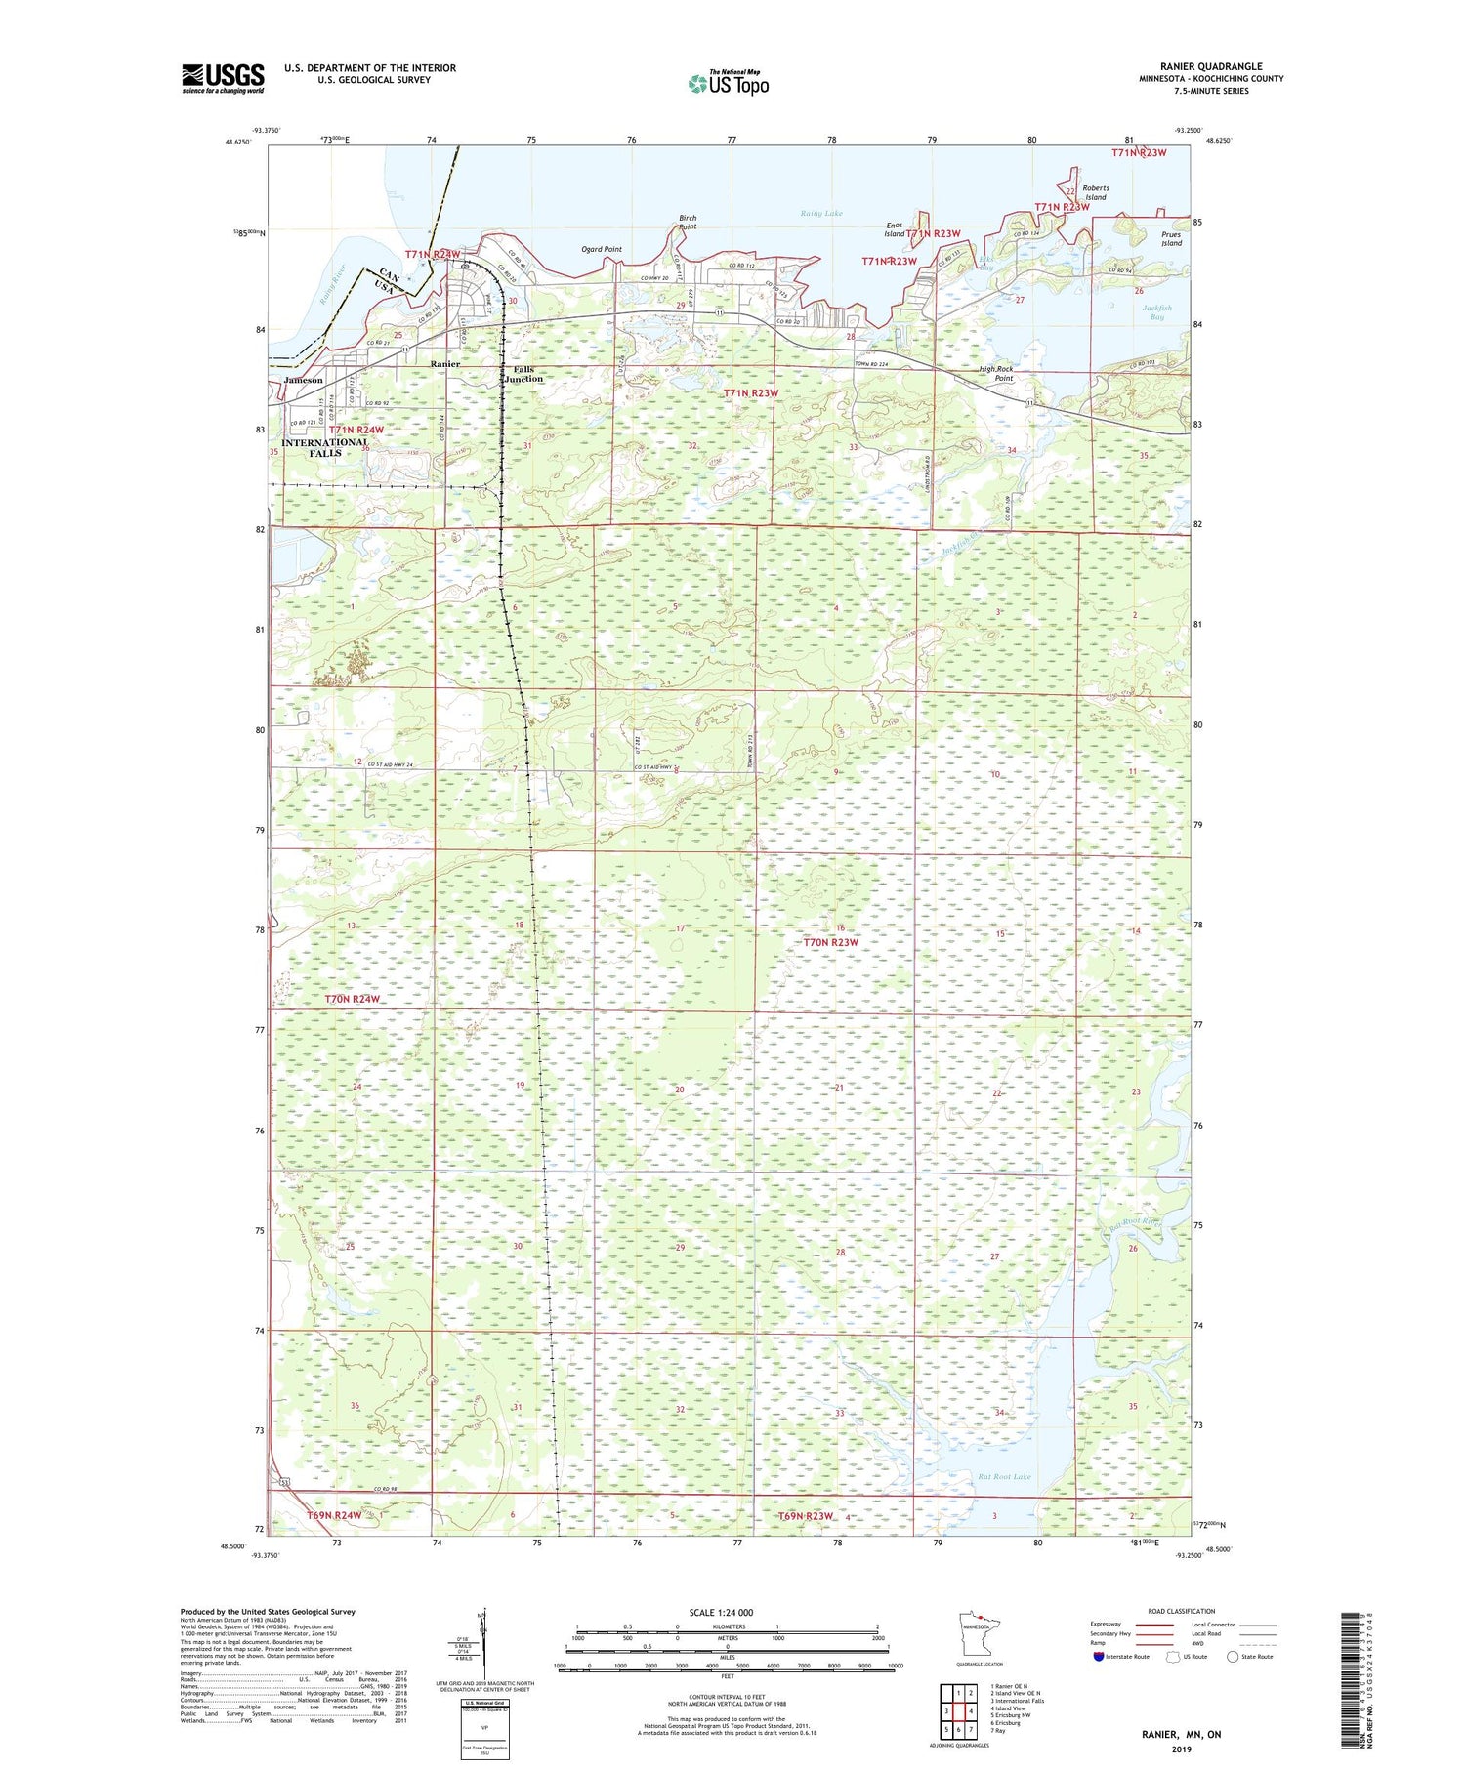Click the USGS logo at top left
tap(223, 78)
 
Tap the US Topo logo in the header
tap(728, 84)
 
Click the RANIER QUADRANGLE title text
tap(1211, 66)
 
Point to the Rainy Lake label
tap(820, 213)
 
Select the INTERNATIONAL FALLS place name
tap(325, 447)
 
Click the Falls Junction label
tap(523, 374)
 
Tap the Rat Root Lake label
tap(1005, 1477)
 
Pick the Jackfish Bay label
tap(1156, 311)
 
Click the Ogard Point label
tap(602, 249)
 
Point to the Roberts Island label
tap(1095, 192)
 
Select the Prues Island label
tap(1171, 239)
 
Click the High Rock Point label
tap(996, 373)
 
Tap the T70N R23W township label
tap(830, 942)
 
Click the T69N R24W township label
tap(334, 1515)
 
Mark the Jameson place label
tap(303, 380)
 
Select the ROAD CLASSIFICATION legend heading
tap(1182, 1612)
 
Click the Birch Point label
tap(688, 222)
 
